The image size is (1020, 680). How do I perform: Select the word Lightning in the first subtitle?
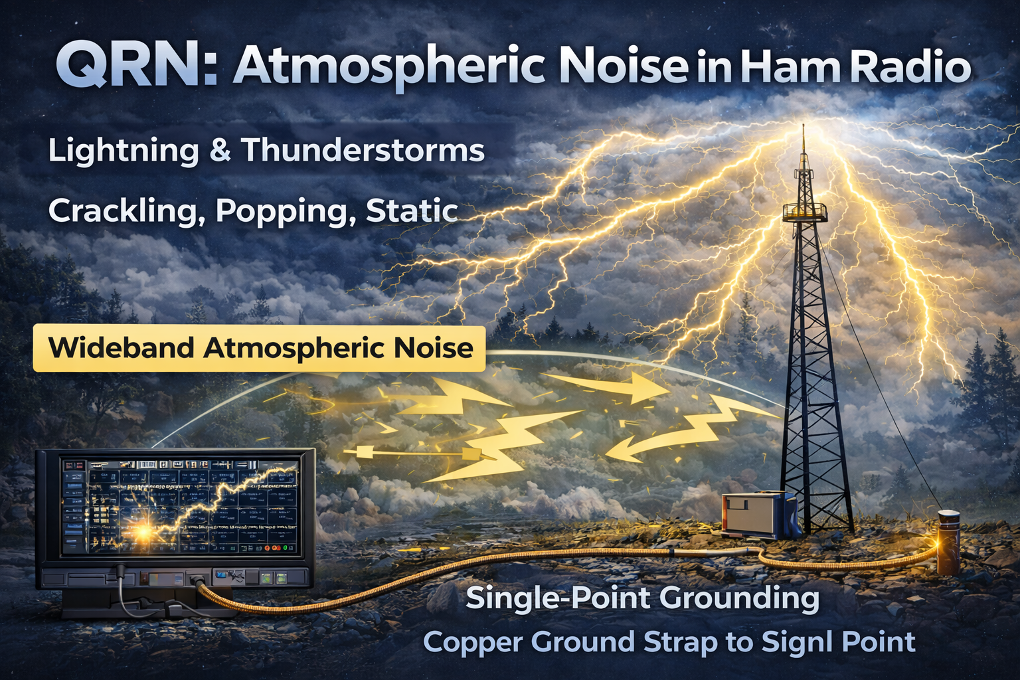(x=123, y=151)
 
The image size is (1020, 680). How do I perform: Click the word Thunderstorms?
(x=363, y=150)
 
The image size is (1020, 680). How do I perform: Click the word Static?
(x=412, y=211)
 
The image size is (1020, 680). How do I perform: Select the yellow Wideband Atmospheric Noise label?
(x=260, y=348)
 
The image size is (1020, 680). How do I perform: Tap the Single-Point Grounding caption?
(x=642, y=598)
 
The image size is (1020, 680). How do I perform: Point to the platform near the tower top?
(x=805, y=212)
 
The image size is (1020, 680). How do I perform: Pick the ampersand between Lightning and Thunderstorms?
(x=219, y=151)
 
